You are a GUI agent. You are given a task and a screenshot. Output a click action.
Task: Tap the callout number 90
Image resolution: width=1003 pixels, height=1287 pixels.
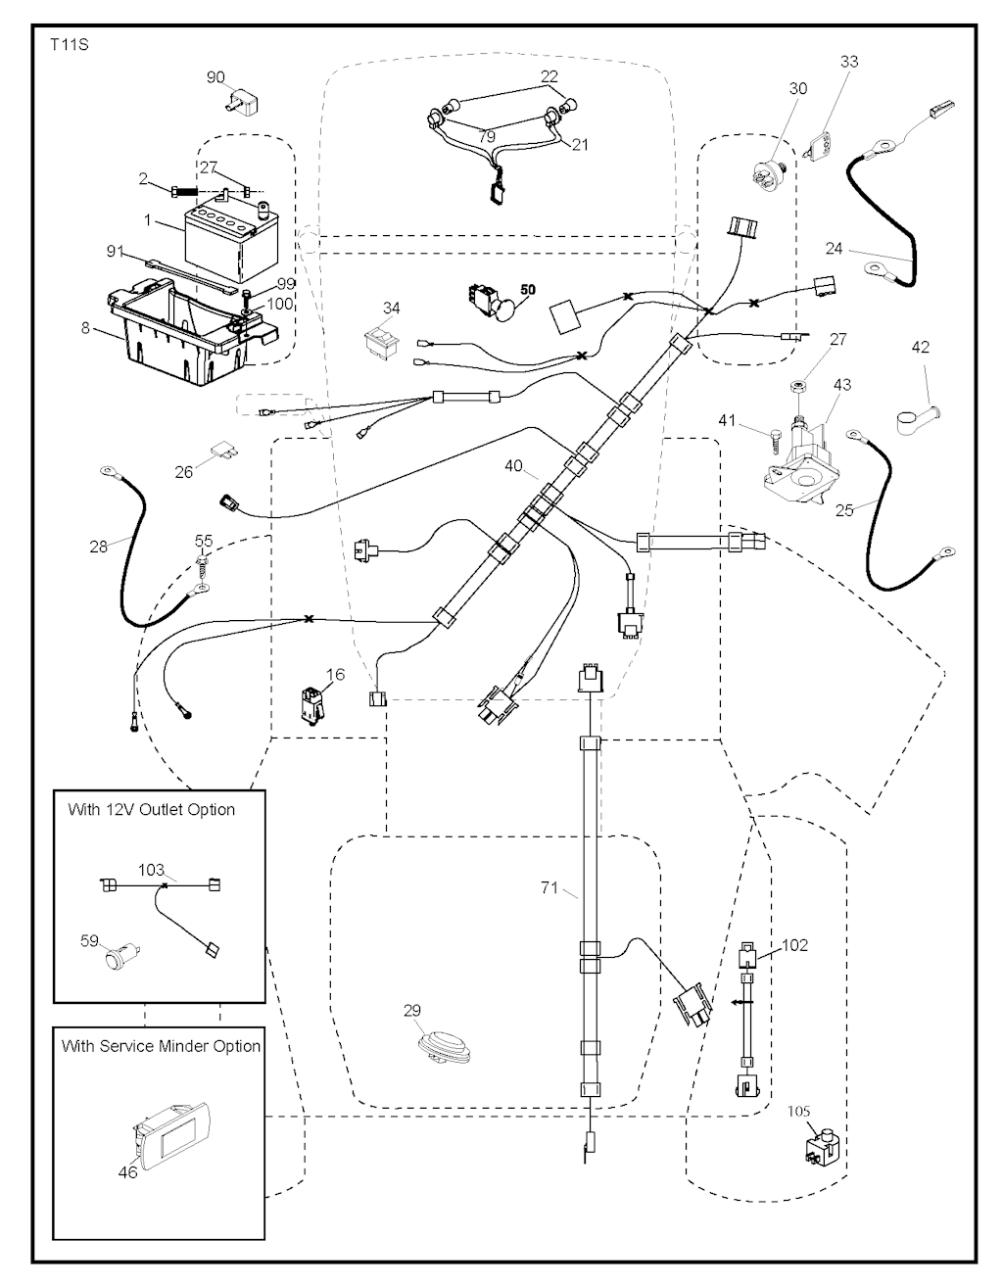(215, 77)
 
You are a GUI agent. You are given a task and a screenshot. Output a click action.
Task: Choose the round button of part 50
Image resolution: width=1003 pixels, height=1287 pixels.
(504, 311)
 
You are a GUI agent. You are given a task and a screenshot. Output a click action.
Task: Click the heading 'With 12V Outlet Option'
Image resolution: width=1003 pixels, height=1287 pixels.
(152, 810)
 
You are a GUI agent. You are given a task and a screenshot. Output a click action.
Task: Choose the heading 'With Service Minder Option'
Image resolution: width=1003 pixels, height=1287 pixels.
(161, 1046)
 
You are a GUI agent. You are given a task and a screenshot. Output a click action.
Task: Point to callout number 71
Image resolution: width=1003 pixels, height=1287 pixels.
(549, 887)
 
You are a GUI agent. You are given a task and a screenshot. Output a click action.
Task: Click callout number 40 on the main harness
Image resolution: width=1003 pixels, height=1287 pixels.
(513, 466)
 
